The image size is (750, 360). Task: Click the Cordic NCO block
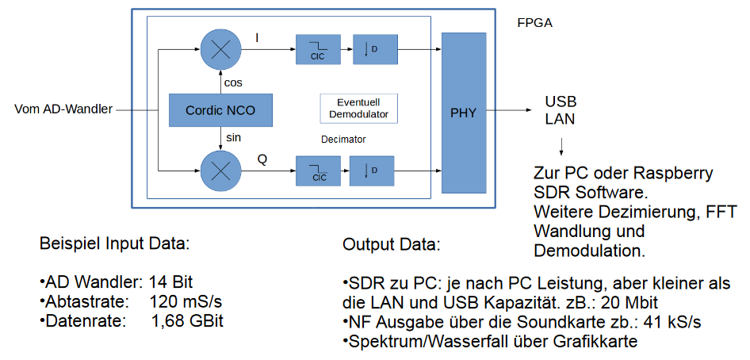tap(220, 110)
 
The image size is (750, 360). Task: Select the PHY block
tap(463, 113)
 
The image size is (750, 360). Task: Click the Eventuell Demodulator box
tap(359, 109)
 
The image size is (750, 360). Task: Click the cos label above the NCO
tap(233, 82)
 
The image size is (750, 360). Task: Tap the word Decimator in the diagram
tap(343, 139)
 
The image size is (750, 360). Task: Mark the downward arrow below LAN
tap(561, 147)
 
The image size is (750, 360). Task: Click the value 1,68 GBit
tap(187, 321)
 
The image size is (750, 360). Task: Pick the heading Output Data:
tap(392, 244)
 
